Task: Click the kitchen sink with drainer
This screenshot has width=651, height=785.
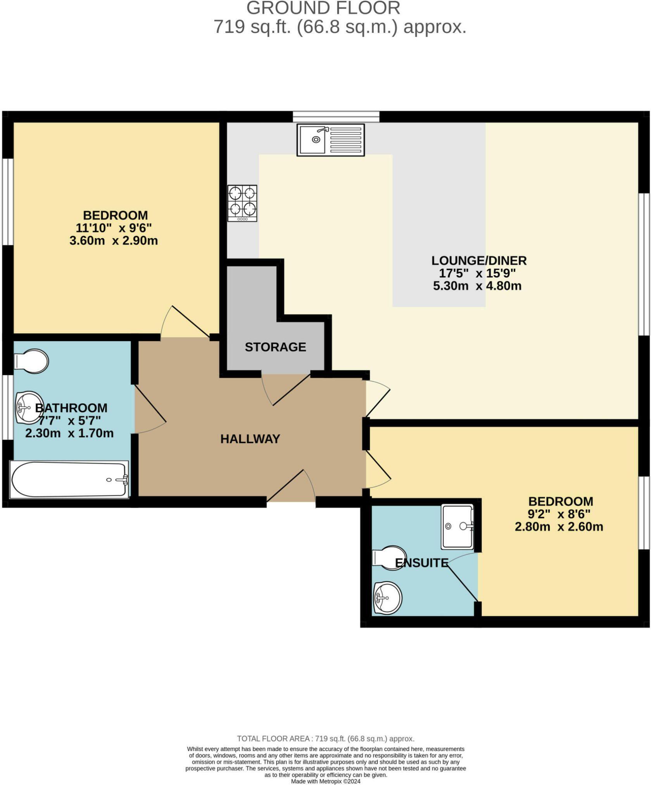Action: [330, 140]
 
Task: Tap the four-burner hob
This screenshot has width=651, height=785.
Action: [242, 203]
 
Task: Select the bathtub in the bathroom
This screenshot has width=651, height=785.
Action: [69, 479]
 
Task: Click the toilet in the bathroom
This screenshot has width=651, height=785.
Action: [32, 361]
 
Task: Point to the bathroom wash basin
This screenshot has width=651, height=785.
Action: [29, 407]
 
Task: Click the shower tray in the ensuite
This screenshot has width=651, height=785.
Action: [457, 526]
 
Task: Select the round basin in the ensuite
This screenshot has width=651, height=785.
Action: [387, 598]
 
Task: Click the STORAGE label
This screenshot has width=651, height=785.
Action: [275, 347]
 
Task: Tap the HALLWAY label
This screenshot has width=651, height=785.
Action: [250, 439]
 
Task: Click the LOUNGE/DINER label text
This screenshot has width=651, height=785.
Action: [479, 261]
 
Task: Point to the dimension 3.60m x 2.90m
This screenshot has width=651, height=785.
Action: [114, 241]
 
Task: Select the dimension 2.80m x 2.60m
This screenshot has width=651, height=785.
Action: [559, 527]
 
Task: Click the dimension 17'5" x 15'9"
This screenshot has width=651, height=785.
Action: [477, 273]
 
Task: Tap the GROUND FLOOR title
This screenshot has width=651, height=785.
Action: [323, 9]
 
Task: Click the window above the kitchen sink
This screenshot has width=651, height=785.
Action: [336, 116]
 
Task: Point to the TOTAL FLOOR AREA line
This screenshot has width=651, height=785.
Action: [325, 739]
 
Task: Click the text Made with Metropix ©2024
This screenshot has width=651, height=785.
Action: [325, 782]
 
